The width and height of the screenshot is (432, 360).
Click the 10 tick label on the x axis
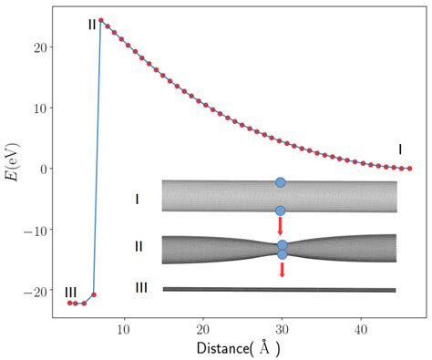pyautogui.click(x=124, y=326)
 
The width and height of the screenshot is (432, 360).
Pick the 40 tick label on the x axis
pyautogui.click(x=361, y=326)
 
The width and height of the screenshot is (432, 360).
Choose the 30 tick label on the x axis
pyautogui.click(x=282, y=326)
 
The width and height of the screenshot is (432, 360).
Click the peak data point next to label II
pyautogui.click(x=100, y=20)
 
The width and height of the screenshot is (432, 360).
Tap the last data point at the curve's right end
pyautogui.click(x=409, y=169)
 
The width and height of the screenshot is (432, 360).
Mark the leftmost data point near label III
pyautogui.click(x=69, y=303)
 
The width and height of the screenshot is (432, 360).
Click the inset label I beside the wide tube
pyautogui.click(x=137, y=198)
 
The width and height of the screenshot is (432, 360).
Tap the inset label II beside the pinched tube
pyautogui.click(x=138, y=246)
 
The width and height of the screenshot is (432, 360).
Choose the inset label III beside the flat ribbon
pyautogui.click(x=140, y=287)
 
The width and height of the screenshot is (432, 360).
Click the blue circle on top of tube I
pyautogui.click(x=281, y=182)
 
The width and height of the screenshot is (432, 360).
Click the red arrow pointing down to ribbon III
pyautogui.click(x=282, y=271)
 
